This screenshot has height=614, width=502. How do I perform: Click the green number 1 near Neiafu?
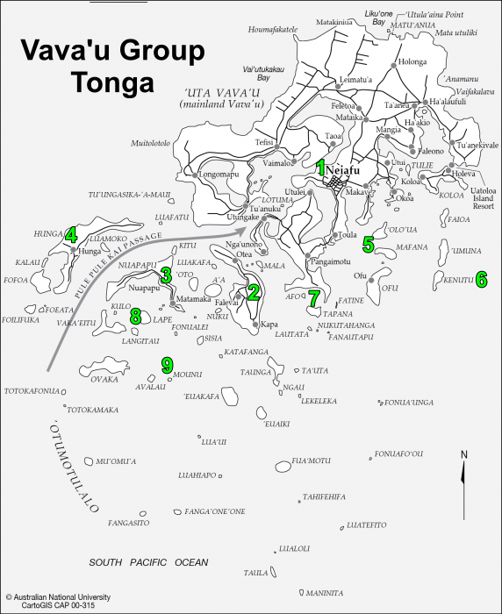pyautogui.click(x=321, y=166)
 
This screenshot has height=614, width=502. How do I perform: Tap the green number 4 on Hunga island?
pyautogui.click(x=71, y=234)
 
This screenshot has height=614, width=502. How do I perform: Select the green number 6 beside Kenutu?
pyautogui.click(x=481, y=280)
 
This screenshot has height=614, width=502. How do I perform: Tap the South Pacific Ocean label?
pyautogui.click(x=148, y=561)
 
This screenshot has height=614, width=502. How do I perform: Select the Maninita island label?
pyautogui.click(x=325, y=593)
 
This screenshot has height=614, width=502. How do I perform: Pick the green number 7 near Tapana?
pyautogui.click(x=314, y=297)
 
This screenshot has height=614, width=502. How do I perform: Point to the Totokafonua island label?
pyautogui.click(x=32, y=390)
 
